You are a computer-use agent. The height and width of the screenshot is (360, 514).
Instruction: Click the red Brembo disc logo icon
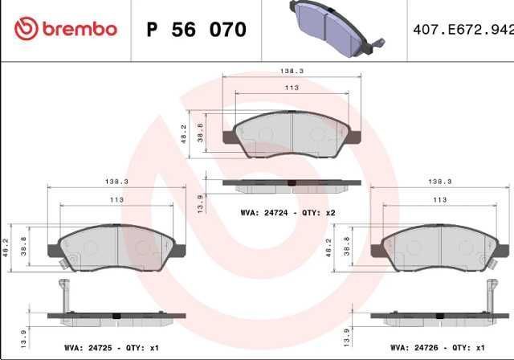coord(27,28)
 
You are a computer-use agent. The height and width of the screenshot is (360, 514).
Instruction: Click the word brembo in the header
coord(80,30)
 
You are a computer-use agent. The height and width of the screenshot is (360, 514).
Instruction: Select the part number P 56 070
coord(196,30)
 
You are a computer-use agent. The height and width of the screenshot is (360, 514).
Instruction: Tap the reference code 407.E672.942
coord(463,30)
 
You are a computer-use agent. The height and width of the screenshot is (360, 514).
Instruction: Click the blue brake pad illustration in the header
coord(337,28)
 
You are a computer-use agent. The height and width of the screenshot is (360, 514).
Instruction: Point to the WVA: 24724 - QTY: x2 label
coord(288,213)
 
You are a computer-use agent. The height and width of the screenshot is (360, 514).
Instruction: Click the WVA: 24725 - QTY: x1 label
coord(112,347)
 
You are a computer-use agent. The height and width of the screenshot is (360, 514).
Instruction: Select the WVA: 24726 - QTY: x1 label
coord(437,347)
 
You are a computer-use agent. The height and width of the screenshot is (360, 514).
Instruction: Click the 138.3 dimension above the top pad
coord(292,71)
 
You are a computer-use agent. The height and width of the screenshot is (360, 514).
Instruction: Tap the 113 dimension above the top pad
coord(292,88)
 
